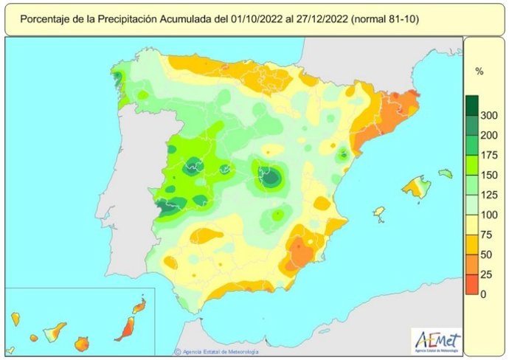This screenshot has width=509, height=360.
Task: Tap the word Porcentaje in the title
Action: click(47, 18)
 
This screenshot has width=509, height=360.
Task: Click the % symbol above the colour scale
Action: click(479, 72)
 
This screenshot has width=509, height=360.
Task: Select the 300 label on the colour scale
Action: click(488, 116)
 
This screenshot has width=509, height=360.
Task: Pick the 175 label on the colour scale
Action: click(488, 156)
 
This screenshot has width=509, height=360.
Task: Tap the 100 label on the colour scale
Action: click(488, 215)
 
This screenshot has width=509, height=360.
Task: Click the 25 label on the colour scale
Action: click(485, 274)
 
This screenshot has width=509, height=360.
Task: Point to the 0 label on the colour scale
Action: click(483, 294)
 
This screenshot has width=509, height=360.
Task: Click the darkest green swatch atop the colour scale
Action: click(472, 105)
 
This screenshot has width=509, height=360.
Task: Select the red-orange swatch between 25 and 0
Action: click(472, 285)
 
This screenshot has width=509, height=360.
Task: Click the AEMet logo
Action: click(437, 340)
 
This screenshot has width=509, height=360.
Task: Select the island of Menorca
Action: click(445, 173)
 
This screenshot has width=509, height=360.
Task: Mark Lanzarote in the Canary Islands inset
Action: click(138, 305)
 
